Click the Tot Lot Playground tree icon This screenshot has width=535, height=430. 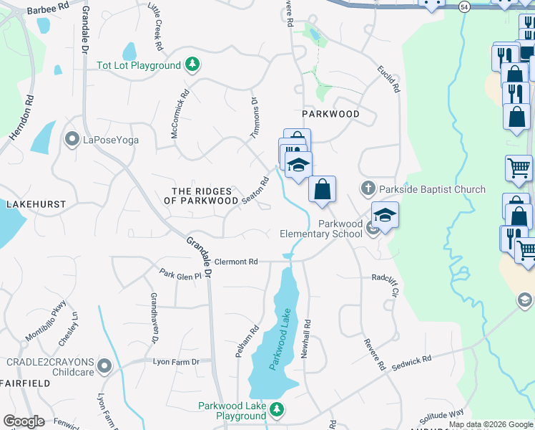pyautogui.click(x=192, y=65)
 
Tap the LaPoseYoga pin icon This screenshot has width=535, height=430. pyautogui.click(x=72, y=138)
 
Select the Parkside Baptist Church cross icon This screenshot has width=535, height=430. pyautogui.click(x=368, y=189)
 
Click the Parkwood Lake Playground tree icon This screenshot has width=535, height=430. pyautogui.click(x=277, y=411)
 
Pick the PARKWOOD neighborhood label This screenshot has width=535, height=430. pyautogui.click(x=330, y=114)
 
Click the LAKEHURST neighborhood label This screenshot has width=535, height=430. pyautogui.click(x=36, y=204)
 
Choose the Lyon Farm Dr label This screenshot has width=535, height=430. pyautogui.click(x=175, y=362)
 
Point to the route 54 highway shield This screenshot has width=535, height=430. pyautogui.click(x=464, y=6)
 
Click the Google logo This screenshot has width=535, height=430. pyautogui.click(x=24, y=421)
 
